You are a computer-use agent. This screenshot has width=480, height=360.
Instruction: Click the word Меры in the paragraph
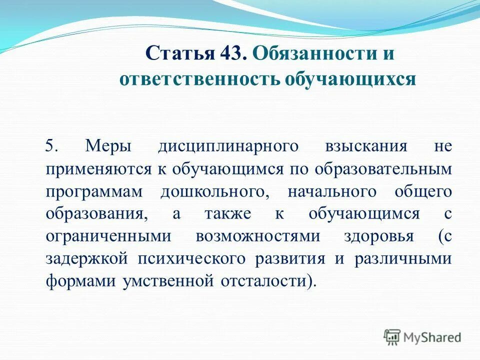tap(108, 146)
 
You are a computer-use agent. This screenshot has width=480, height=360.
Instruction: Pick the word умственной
tap(164, 281)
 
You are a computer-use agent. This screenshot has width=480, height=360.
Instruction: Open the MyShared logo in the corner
tap(422, 336)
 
